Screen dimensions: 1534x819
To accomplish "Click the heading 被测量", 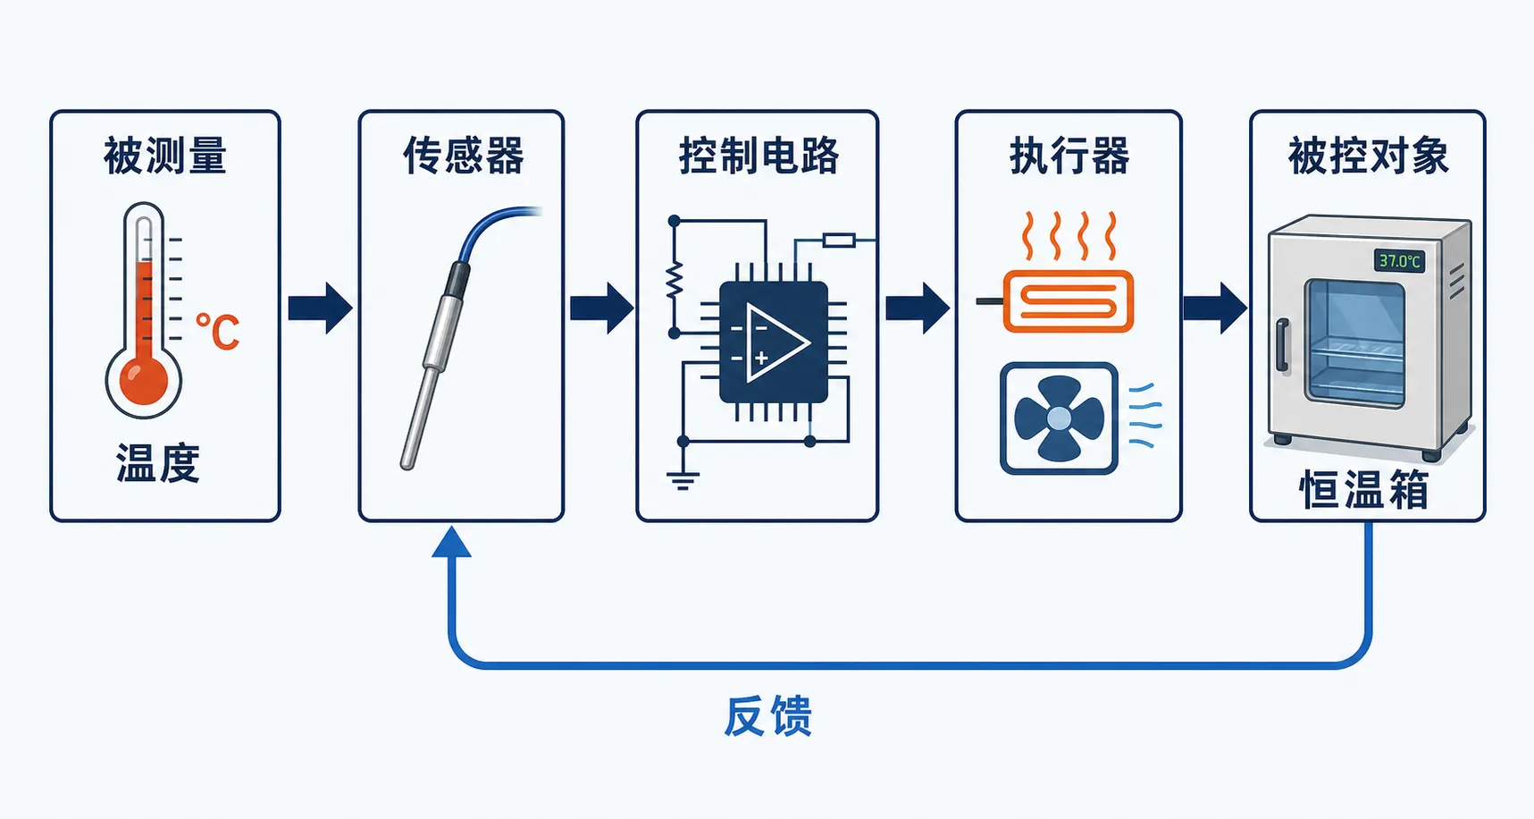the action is point(165,156).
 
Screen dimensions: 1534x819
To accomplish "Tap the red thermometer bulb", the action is point(144,379).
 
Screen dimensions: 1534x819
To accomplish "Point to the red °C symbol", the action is point(217,332).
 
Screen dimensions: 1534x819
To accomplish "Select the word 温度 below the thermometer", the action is point(158,463).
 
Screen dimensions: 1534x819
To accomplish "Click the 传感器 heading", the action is point(463,156).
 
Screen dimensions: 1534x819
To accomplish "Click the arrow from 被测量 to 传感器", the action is point(320,308).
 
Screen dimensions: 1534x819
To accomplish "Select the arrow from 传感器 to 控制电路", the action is point(602,308).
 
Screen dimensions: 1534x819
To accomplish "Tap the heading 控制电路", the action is point(759,156).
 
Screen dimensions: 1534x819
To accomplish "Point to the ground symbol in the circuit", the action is point(683,478).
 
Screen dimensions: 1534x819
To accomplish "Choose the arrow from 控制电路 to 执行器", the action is point(918,308).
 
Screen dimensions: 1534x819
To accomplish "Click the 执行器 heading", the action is point(1069,156).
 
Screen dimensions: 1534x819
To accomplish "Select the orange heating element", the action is point(1069,301).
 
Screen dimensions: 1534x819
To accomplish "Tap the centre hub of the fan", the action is point(1059,418).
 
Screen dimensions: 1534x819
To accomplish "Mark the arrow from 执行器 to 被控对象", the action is point(1215,308).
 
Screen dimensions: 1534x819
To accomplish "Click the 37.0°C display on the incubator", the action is point(1399,261).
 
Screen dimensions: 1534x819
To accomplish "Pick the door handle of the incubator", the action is point(1282,345).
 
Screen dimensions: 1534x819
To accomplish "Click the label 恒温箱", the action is point(1363,490).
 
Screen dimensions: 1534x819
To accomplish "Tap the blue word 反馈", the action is point(767,716).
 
